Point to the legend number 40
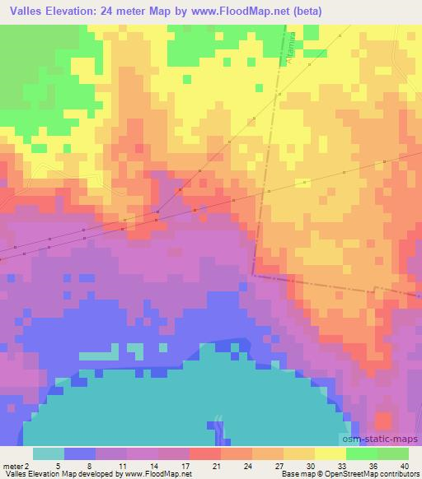404,465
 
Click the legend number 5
50,465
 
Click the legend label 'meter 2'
15,465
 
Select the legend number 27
279,465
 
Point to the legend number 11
122,465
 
